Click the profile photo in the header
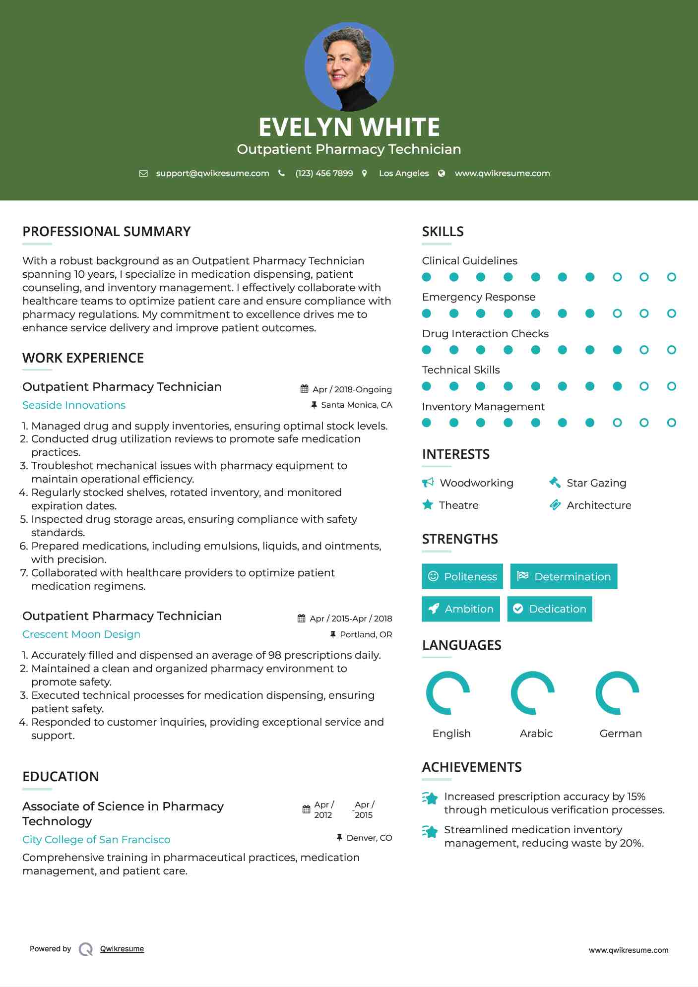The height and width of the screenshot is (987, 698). point(349,66)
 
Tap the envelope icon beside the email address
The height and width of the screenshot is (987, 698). point(143,174)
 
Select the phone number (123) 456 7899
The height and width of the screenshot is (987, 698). point(324,174)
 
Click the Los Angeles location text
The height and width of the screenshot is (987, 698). point(404,174)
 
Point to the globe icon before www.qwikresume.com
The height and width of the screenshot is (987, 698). point(442,174)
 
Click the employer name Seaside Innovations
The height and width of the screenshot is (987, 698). point(74,405)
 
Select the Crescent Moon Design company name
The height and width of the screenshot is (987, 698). point(81,634)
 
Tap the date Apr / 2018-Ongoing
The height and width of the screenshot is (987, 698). point(352,389)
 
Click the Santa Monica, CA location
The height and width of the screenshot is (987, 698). point(356,405)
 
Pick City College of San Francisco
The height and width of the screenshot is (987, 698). point(96,840)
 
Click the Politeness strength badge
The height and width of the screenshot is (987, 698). point(462,576)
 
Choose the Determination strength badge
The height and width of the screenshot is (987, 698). point(564,576)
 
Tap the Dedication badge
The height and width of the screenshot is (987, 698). point(550,609)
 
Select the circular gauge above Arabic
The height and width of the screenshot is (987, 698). point(533,693)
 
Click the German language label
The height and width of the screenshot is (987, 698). point(621,734)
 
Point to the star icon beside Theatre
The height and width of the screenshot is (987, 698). point(428,505)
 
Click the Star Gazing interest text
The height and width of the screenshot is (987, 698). point(596,483)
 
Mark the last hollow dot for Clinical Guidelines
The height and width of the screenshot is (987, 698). point(671,277)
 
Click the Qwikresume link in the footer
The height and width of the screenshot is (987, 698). point(122,949)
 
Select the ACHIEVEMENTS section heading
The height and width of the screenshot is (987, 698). point(472,767)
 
